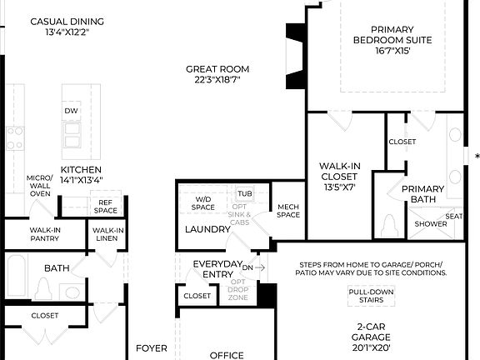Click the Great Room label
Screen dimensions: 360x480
pyautogui.click(x=217, y=69)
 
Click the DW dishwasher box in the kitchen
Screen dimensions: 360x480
pyautogui.click(x=72, y=110)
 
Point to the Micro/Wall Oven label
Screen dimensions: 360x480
pyautogui.click(x=39, y=186)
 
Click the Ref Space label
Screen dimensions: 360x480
pyautogui.click(x=105, y=206)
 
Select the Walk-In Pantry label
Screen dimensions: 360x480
pyautogui.click(x=45, y=235)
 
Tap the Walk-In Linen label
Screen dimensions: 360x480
pyautogui.click(x=108, y=235)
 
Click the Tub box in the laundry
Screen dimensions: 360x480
pyautogui.click(x=244, y=193)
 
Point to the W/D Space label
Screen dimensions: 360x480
pyautogui.click(x=203, y=202)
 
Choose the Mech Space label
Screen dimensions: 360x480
pyautogui.click(x=288, y=210)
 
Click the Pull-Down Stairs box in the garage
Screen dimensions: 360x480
pyautogui.click(x=369, y=296)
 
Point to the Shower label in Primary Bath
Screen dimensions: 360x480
pyautogui.click(x=431, y=223)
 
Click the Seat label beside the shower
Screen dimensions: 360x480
pyautogui.click(x=454, y=217)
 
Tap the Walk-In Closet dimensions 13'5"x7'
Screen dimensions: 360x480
pyautogui.click(x=338, y=187)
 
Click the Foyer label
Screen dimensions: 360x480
pyautogui.click(x=152, y=348)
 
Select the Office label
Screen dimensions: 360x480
pyautogui.click(x=227, y=355)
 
